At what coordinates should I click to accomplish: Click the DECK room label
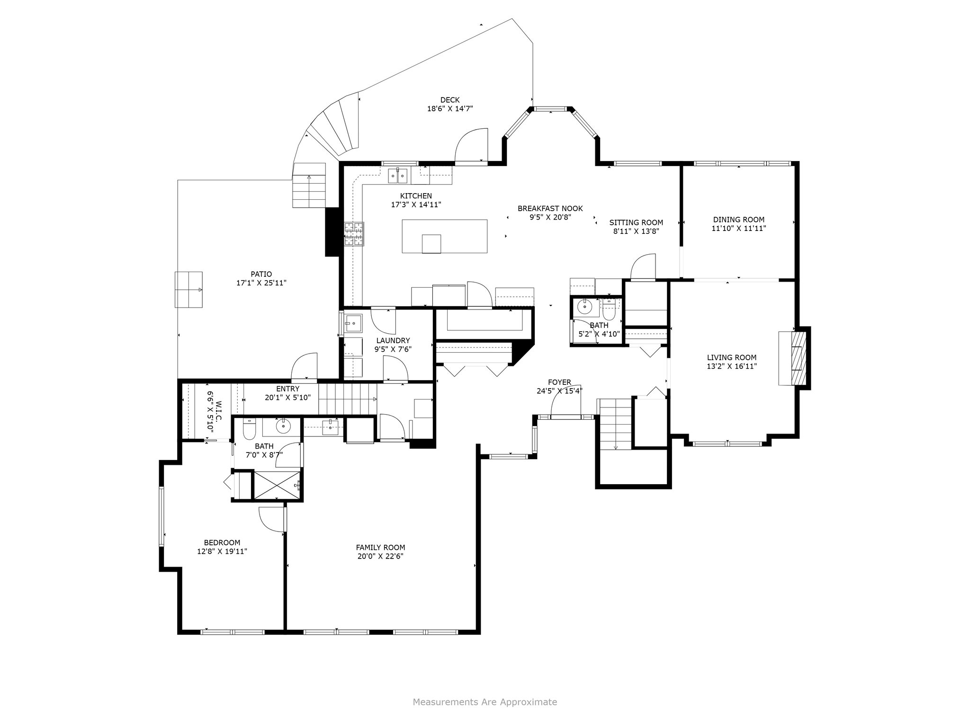(450, 100)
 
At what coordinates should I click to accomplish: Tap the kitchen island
(444, 236)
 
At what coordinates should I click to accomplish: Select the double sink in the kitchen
(398, 176)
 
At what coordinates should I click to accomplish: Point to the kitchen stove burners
(354, 234)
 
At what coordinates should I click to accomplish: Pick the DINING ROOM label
(739, 220)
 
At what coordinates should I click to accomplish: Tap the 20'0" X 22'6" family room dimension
(381, 556)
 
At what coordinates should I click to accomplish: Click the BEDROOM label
(222, 542)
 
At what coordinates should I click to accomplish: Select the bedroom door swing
(271, 519)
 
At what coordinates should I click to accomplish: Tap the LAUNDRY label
(393, 340)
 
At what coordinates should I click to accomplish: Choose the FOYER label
(559, 382)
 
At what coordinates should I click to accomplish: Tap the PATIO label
(261, 274)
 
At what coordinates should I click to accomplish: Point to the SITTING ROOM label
(636, 222)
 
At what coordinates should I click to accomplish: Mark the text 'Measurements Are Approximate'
(485, 702)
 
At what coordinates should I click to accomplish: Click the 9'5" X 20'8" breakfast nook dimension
(550, 217)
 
